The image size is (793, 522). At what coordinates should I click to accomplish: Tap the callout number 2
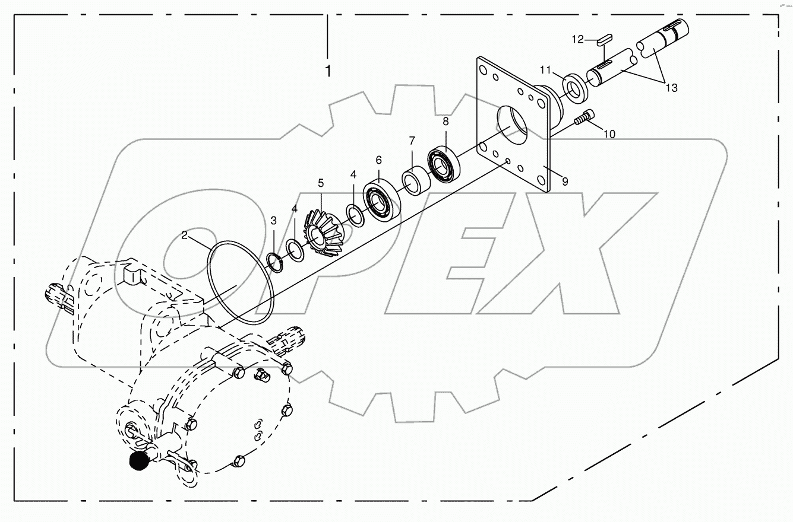point(185,235)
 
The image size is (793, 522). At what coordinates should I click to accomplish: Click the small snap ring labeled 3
point(274,260)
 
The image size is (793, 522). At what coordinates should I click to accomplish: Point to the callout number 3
point(273,221)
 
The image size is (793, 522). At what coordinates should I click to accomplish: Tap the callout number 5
point(321,182)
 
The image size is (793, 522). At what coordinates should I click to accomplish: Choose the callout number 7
point(411,141)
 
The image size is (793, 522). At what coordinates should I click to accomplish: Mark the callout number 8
point(446,121)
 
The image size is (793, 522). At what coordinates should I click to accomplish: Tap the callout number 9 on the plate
point(564,182)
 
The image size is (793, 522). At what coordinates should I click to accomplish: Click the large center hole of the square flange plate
point(512,126)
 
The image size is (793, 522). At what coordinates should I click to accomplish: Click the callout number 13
point(671,88)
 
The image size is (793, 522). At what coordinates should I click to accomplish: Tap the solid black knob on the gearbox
point(139,460)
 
